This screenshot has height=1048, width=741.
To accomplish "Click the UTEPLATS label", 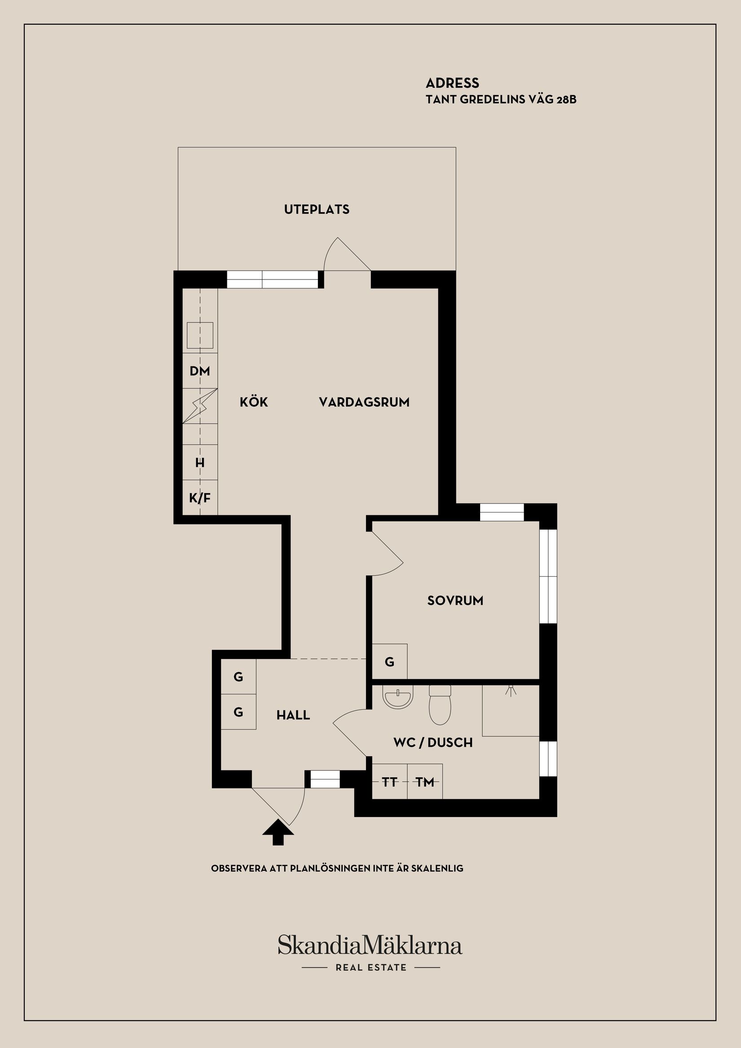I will pyautogui.click(x=317, y=209).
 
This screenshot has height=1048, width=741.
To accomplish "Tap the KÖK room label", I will pyautogui.click(x=254, y=402).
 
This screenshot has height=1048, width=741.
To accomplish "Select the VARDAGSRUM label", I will pyautogui.click(x=364, y=402).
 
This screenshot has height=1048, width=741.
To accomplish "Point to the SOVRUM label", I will pyautogui.click(x=455, y=601).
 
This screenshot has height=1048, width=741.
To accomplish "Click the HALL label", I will pyautogui.click(x=293, y=715).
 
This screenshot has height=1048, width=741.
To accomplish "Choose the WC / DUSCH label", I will pyautogui.click(x=433, y=743).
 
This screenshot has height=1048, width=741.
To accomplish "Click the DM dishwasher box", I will pyautogui.click(x=200, y=371).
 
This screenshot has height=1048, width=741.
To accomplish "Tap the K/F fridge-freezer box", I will pyautogui.click(x=200, y=498).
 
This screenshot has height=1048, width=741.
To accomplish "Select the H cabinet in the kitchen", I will pyautogui.click(x=200, y=462).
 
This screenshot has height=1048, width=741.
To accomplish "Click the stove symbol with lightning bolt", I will pyautogui.click(x=200, y=406).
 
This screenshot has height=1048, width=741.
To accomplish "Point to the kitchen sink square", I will pyautogui.click(x=200, y=336).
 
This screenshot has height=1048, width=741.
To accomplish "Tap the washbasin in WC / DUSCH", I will pyautogui.click(x=397, y=697).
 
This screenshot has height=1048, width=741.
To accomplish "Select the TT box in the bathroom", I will pyautogui.click(x=390, y=783).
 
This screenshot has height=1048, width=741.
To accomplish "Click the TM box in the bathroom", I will pyautogui.click(x=425, y=783).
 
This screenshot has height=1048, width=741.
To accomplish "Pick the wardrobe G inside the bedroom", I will pyautogui.click(x=390, y=662).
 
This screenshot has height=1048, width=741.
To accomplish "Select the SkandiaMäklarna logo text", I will pyautogui.click(x=370, y=945).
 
